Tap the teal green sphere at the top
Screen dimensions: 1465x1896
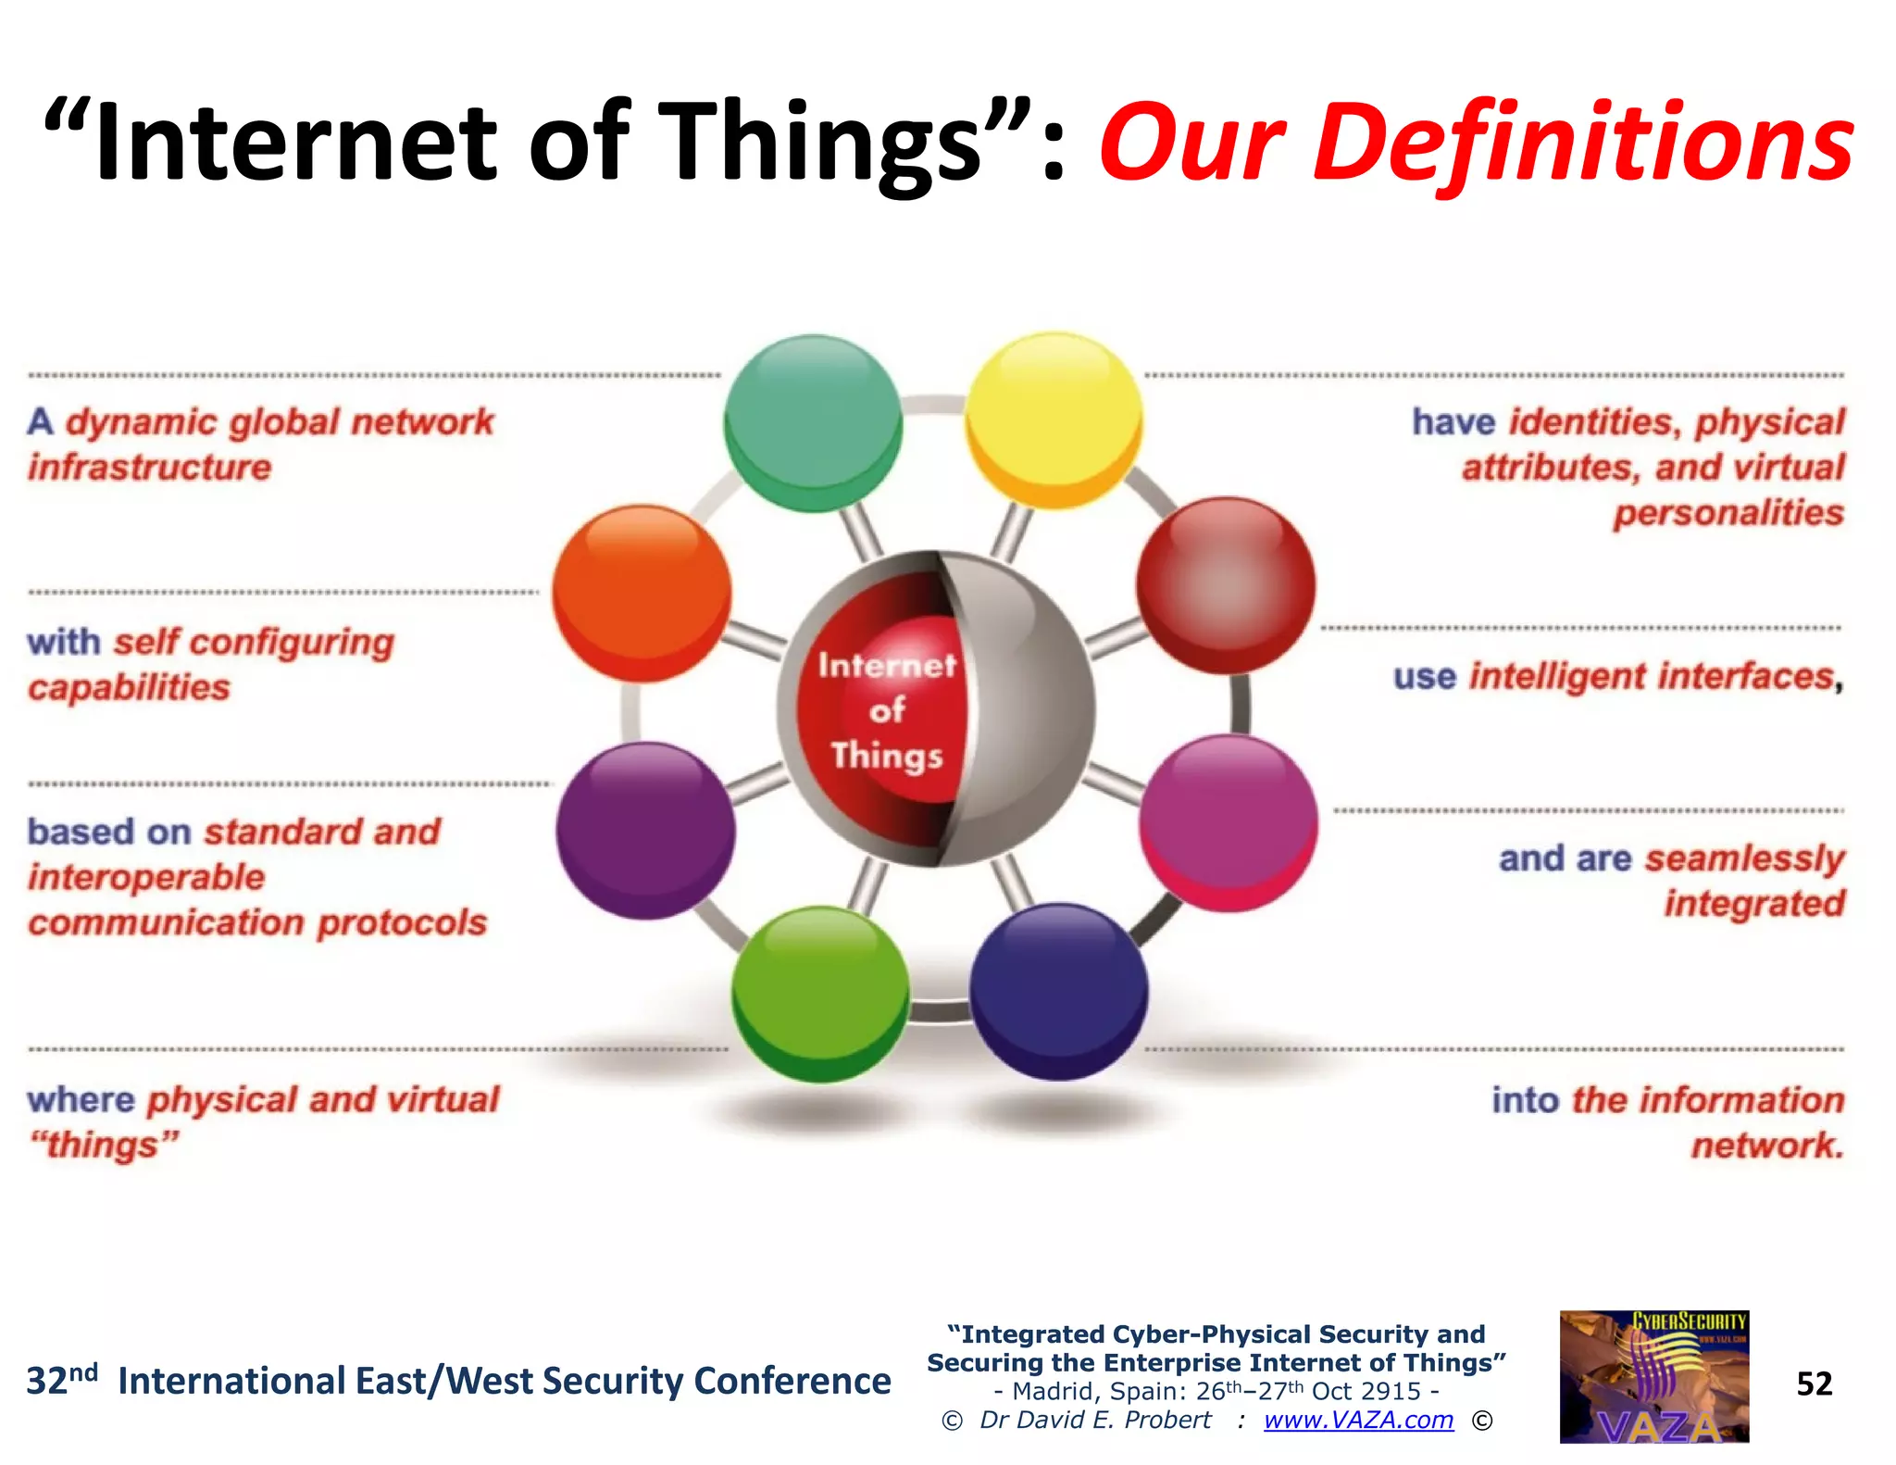pyautogui.click(x=812, y=423)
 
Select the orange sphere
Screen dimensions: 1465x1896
pyautogui.click(x=642, y=594)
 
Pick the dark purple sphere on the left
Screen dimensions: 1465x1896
pyautogui.click(x=645, y=831)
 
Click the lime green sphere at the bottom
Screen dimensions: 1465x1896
pyautogui.click(x=819, y=994)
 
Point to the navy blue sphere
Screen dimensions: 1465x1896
pyautogui.click(x=1058, y=992)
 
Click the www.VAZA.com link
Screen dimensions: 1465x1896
pyautogui.click(x=1358, y=1420)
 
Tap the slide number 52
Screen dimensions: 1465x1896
pyautogui.click(x=1814, y=1384)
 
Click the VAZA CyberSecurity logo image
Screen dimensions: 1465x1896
pyautogui.click(x=1653, y=1377)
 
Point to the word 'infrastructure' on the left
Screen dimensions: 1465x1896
pyautogui.click(x=150, y=468)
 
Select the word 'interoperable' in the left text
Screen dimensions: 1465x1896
pyautogui.click(x=146, y=877)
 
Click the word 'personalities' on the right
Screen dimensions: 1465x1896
pyautogui.click(x=1728, y=513)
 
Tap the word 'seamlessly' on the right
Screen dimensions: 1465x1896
pyautogui.click(x=1744, y=859)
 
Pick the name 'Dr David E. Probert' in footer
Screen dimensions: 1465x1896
pyautogui.click(x=1095, y=1420)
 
